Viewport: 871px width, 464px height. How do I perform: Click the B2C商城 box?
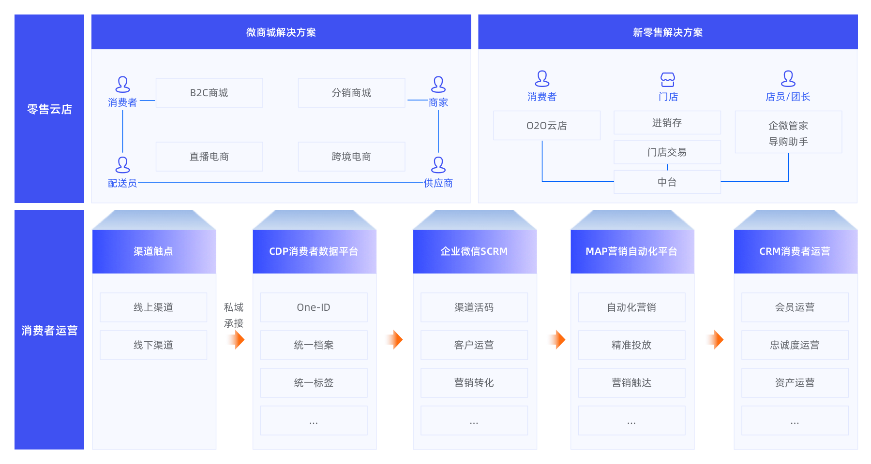tap(209, 93)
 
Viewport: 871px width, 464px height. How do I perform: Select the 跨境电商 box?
tap(351, 157)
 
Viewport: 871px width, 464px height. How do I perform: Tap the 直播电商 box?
tap(209, 157)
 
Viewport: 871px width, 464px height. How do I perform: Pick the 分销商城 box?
tap(351, 93)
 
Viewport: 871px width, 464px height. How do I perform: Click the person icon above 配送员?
tap(122, 165)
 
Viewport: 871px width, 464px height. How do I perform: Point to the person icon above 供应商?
tap(438, 165)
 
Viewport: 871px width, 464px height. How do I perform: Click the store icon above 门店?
tap(668, 79)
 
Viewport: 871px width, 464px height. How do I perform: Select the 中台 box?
tap(667, 182)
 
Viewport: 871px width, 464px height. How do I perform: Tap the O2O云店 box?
tap(547, 126)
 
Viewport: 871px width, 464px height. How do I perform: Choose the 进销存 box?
tap(667, 123)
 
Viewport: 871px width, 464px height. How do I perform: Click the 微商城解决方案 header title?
tap(281, 32)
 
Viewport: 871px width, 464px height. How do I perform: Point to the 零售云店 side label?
tap(49, 109)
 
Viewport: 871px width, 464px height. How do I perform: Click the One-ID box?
tap(314, 307)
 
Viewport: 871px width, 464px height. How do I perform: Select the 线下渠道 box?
tap(153, 345)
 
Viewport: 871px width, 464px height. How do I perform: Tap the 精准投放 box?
tap(631, 345)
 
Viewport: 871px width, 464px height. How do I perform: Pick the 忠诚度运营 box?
tap(795, 345)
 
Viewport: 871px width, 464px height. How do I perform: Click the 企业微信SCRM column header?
tap(474, 251)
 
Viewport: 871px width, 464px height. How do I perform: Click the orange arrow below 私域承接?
tap(237, 340)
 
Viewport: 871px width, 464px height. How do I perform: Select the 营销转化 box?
tap(474, 383)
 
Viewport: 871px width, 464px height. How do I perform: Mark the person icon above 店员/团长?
tap(788, 78)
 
